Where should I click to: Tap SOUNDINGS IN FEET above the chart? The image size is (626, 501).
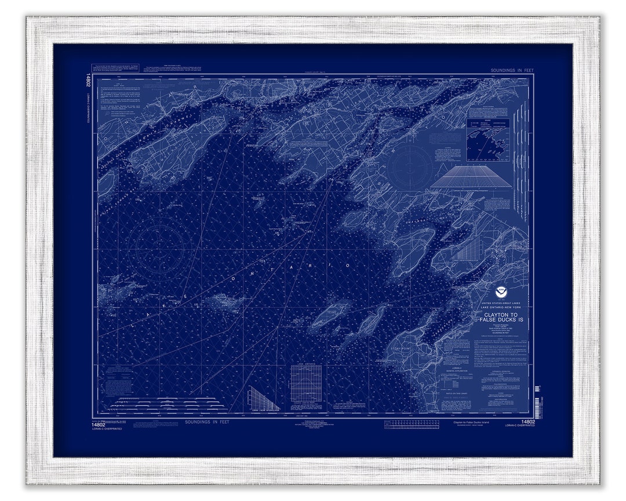point(512,70)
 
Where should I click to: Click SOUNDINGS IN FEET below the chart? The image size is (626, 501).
point(207,422)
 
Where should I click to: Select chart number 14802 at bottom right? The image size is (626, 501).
point(527,422)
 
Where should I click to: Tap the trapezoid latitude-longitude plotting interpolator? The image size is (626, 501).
point(471,177)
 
